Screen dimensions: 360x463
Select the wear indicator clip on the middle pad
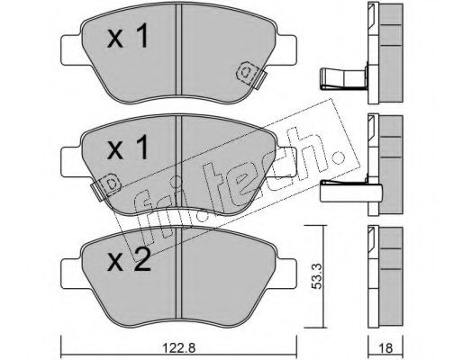pyautogui.click(x=105, y=185)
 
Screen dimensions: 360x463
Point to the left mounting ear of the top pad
pyautogui.click(x=69, y=44)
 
